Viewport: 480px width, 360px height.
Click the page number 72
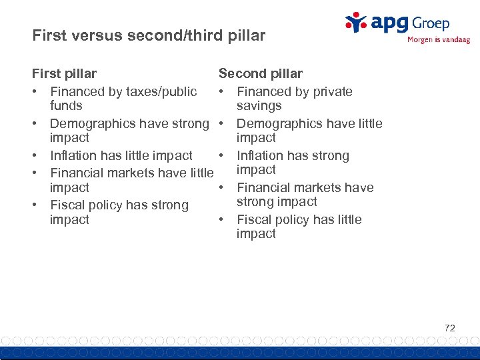(x=449, y=327)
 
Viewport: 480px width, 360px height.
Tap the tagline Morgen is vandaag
(x=438, y=40)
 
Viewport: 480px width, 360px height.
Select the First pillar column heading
(x=64, y=73)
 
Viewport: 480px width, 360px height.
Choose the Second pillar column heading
(x=260, y=73)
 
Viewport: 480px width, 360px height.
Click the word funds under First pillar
(x=66, y=105)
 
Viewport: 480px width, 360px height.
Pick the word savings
(x=259, y=105)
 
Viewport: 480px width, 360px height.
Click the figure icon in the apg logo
(x=357, y=22)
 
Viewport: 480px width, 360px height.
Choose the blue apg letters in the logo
(x=389, y=25)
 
